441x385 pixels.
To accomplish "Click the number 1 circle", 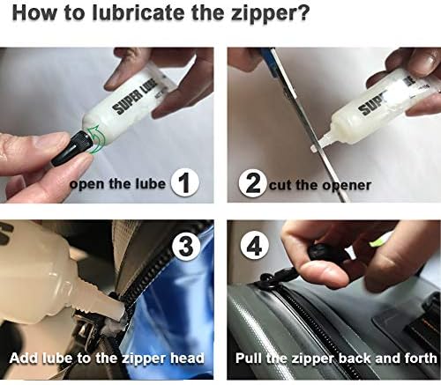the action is tap(185, 182).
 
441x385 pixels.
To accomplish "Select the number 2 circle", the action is tap(253, 183).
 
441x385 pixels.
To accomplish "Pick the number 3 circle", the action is tap(185, 246).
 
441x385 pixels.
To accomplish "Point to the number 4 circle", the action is tap(254, 246).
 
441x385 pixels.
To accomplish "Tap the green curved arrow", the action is tap(94, 139).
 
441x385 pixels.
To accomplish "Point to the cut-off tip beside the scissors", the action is tap(314, 148).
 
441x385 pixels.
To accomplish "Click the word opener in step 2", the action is tap(347, 186).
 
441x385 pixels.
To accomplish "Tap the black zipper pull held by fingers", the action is tap(320, 252).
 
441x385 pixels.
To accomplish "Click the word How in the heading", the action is tap(34, 12).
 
